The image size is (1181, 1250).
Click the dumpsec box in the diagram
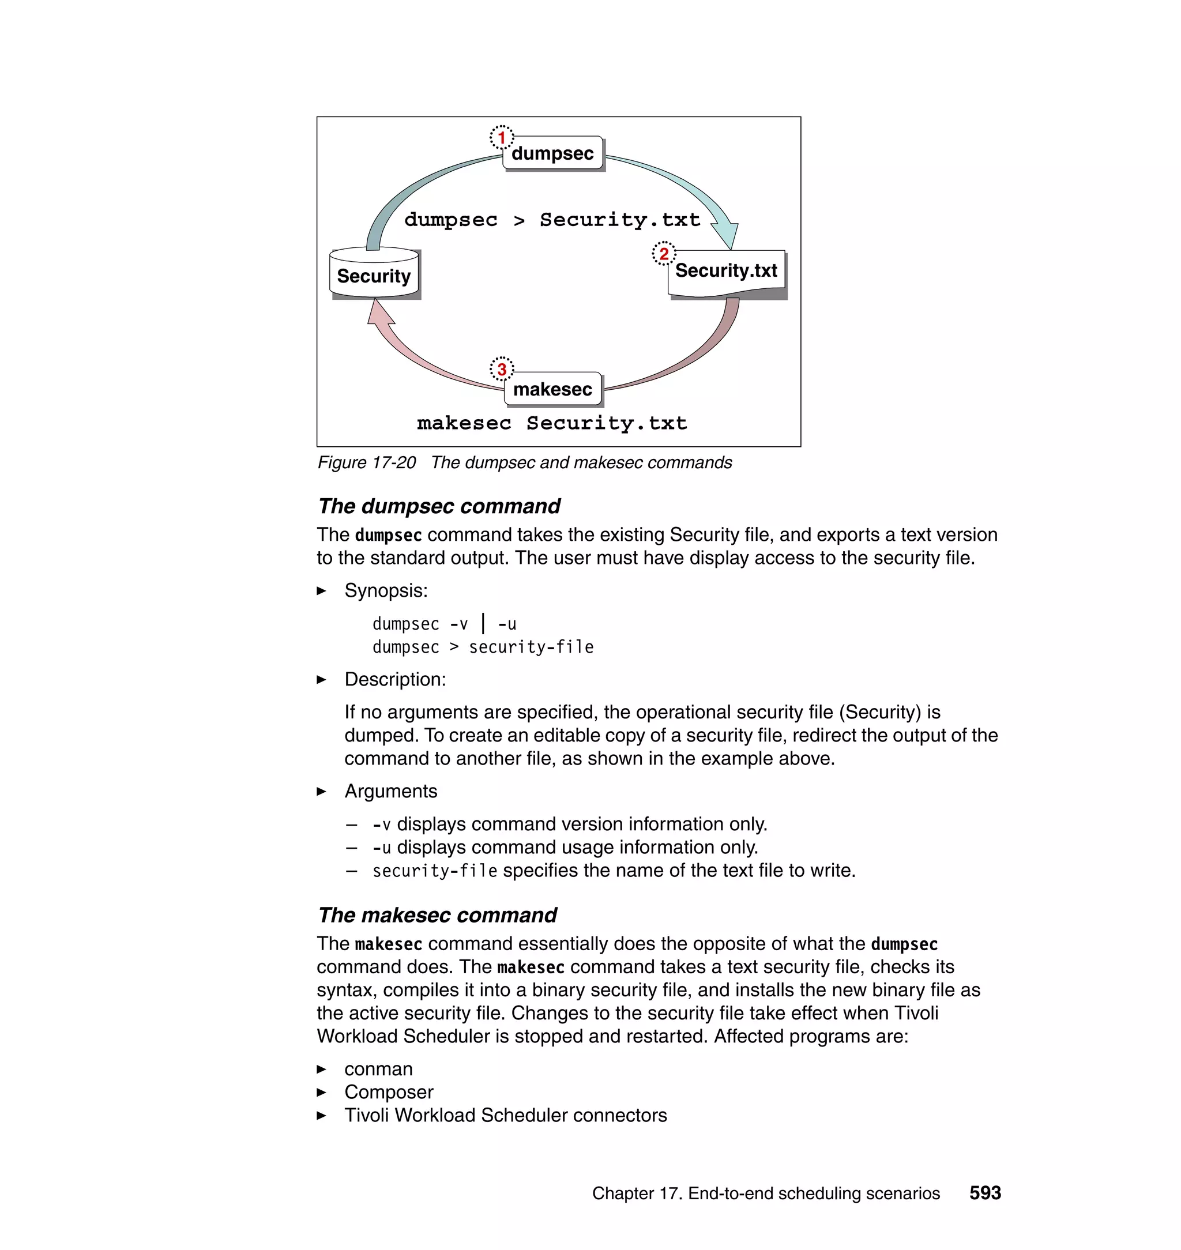pos(552,153)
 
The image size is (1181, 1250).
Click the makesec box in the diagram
pos(552,389)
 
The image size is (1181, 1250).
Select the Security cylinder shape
pos(374,274)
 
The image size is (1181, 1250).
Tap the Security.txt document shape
pos(726,272)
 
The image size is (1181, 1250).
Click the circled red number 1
pos(502,137)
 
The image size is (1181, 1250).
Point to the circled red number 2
pos(664,254)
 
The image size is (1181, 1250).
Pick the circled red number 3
pos(502,369)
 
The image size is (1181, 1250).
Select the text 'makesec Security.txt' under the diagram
pos(551,423)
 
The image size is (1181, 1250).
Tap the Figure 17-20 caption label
pos(366,462)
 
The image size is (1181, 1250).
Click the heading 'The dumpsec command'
pos(439,506)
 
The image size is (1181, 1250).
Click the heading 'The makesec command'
pos(437,914)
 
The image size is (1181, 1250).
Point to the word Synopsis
pos(385,590)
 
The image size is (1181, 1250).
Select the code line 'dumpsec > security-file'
pos(483,647)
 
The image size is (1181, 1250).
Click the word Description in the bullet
pos(394,679)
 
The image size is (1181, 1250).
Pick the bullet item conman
pos(378,1069)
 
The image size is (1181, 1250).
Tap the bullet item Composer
pos(389,1092)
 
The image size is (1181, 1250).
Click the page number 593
pos(984,1193)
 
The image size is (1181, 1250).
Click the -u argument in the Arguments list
pos(382,848)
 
